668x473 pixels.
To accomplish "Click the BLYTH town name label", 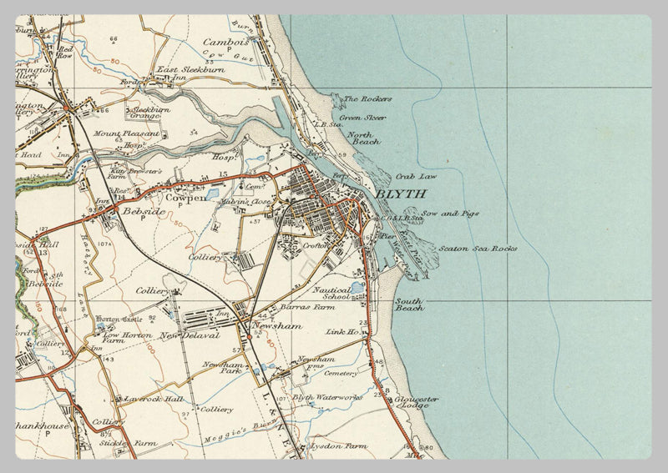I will click(x=401, y=194).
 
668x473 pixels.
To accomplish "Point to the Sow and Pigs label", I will click(x=450, y=214).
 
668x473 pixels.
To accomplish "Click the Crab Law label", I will click(x=416, y=177).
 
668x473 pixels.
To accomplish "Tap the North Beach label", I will click(x=363, y=138).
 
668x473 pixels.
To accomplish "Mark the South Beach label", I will click(x=410, y=304).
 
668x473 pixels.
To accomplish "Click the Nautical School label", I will click(x=331, y=294).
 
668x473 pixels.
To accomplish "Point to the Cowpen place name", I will click(x=185, y=199).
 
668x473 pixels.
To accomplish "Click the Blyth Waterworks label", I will click(x=327, y=398).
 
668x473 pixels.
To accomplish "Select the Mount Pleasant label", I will click(x=119, y=133).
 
